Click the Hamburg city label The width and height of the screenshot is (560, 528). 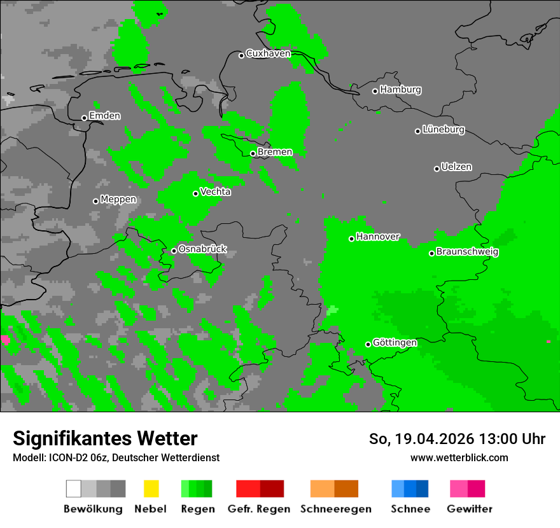(x=400, y=90)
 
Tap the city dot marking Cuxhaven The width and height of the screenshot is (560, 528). (x=241, y=55)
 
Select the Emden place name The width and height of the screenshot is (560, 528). (x=104, y=116)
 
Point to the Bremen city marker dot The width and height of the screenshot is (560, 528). (x=253, y=153)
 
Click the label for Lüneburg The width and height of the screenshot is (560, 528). (x=444, y=130)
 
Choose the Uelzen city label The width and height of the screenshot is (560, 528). (x=456, y=167)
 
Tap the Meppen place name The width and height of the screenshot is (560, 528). (x=118, y=200)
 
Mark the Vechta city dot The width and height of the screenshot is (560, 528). (x=196, y=193)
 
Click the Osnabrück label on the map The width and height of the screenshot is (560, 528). (x=202, y=249)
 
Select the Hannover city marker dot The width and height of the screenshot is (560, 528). (x=351, y=239)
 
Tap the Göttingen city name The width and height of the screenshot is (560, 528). (x=395, y=343)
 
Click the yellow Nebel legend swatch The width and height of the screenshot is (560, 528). (x=151, y=489)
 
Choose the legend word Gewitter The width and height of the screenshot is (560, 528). (x=470, y=509)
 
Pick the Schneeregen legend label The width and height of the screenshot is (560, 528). (x=335, y=509)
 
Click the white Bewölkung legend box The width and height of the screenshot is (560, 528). (x=74, y=489)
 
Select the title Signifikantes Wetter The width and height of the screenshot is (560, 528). (x=105, y=439)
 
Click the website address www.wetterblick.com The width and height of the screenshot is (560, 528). (x=459, y=457)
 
